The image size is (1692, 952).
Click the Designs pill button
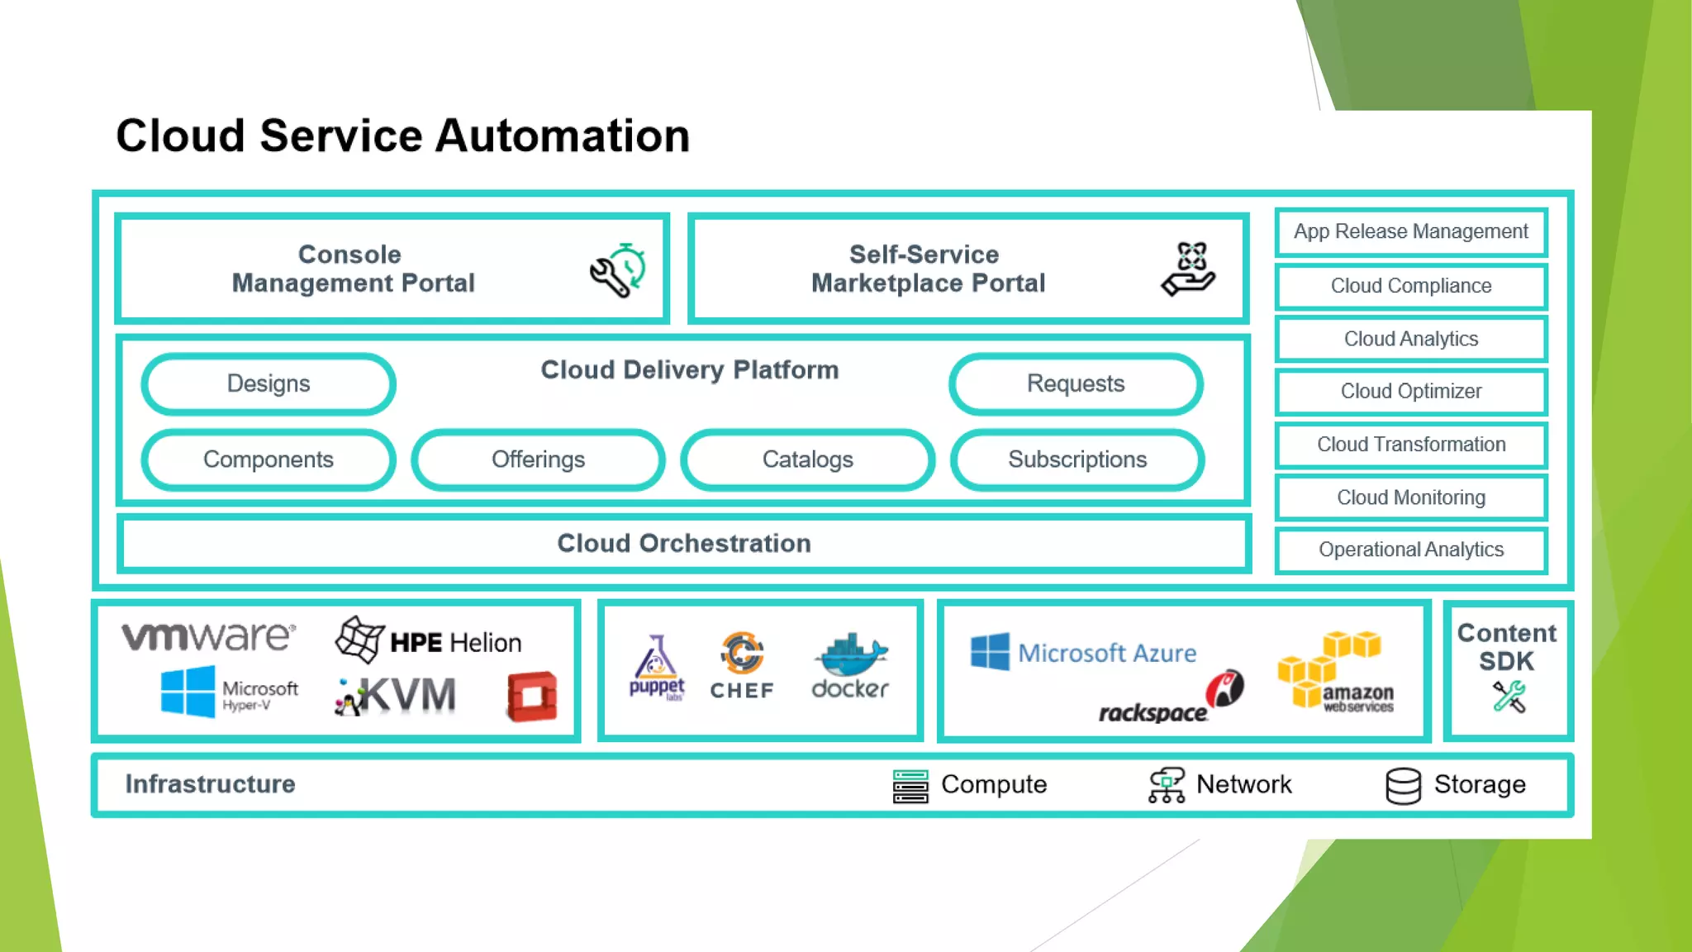pyautogui.click(x=269, y=383)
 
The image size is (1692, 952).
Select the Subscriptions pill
pyautogui.click(x=1077, y=459)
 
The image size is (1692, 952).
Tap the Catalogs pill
pyautogui.click(x=807, y=459)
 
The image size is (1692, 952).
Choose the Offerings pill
pyautogui.click(x=538, y=459)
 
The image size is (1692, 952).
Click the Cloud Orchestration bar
pyautogui.click(x=684, y=543)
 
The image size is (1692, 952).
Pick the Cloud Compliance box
pyautogui.click(x=1410, y=286)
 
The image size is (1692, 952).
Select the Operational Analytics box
pyautogui.click(x=1410, y=550)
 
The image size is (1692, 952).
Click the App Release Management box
pyautogui.click(x=1410, y=231)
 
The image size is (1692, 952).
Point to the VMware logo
pyautogui.click(x=208, y=636)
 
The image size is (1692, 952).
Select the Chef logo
pyautogui.click(x=742, y=666)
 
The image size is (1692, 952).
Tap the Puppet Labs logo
pyautogui.click(x=657, y=668)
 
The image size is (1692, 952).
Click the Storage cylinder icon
pyautogui.click(x=1403, y=785)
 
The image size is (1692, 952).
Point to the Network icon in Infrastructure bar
pyautogui.click(x=1166, y=785)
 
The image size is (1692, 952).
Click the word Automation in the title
pyautogui.click(x=562, y=136)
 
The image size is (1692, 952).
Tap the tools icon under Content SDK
pyautogui.click(x=1509, y=697)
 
